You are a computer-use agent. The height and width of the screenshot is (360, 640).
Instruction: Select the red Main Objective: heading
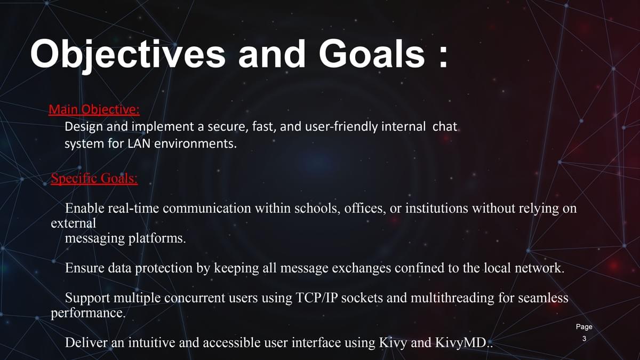click(x=94, y=110)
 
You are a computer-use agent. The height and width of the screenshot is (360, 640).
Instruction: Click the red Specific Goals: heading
click(x=94, y=179)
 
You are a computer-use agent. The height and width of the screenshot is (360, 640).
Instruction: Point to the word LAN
click(x=139, y=143)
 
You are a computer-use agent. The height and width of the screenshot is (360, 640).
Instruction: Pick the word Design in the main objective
click(x=84, y=127)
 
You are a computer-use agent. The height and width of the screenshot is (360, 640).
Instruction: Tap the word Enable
click(x=85, y=208)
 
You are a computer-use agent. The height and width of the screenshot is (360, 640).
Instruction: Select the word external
click(x=74, y=223)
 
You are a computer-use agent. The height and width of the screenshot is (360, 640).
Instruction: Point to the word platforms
click(x=157, y=238)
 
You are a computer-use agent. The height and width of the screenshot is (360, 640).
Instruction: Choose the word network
click(x=539, y=268)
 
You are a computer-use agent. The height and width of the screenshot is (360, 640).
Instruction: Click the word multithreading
click(x=453, y=298)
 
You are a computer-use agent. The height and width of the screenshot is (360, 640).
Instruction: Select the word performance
click(x=89, y=314)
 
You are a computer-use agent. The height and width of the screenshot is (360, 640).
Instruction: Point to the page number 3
click(x=585, y=339)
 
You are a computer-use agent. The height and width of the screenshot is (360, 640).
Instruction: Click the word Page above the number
click(x=584, y=327)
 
